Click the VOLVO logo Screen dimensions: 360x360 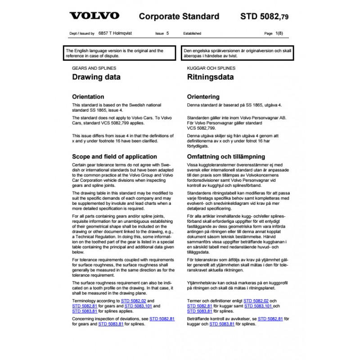[x=94, y=16]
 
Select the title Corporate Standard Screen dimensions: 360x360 [x=179, y=17]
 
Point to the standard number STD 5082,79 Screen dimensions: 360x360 [x=265, y=17]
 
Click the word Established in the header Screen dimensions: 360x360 [x=192, y=34]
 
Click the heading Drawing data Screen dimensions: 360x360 [x=96, y=77]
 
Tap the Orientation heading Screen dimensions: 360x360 [x=88, y=97]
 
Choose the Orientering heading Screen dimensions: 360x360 [x=203, y=97]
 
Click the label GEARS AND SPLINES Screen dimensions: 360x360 [x=94, y=68]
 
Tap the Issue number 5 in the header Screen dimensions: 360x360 [x=168, y=34]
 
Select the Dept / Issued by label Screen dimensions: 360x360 [x=80, y=34]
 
